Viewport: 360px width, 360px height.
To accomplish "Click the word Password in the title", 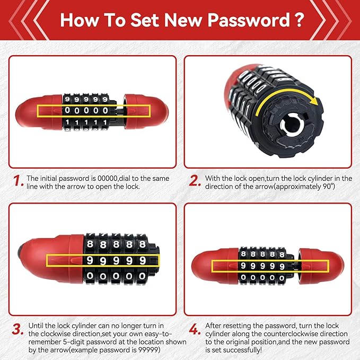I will tap(249, 20).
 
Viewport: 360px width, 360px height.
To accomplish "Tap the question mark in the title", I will tap(299, 20).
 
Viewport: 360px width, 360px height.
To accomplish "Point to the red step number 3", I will tap(17, 329).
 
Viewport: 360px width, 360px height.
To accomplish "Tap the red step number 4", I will tap(195, 329).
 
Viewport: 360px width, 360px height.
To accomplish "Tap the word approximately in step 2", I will tap(298, 187).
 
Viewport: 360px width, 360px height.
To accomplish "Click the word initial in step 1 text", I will tap(48, 179).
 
